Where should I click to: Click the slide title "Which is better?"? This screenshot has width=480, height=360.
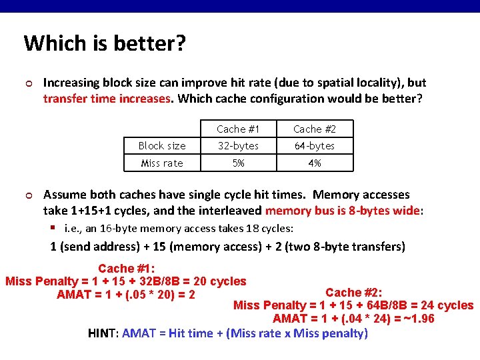pos(105,43)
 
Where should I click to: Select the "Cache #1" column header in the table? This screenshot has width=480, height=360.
pos(238,129)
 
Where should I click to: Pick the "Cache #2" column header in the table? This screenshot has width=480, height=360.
pos(315,129)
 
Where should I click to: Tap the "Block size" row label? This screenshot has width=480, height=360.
pos(162,146)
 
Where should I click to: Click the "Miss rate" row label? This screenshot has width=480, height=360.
pos(162,163)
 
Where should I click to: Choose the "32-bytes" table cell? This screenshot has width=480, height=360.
pos(238,146)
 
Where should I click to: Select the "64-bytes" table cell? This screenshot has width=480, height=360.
pos(315,146)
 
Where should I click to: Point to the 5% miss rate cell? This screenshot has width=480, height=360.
pos(239,163)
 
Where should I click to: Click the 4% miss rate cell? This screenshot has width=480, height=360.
pos(315,163)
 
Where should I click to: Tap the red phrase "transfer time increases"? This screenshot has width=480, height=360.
pos(107,99)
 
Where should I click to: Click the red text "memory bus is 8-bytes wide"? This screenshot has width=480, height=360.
pos(343,211)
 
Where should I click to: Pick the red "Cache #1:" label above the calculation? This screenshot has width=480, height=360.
pos(127,269)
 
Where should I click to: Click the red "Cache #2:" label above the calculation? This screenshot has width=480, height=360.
pos(353,293)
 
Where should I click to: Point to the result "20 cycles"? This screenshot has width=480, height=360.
pos(220,281)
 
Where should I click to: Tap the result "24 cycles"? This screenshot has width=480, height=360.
pos(447,305)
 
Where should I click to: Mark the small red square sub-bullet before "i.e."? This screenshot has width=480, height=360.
pos(53,227)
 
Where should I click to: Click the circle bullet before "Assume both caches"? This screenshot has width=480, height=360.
pos(29,195)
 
